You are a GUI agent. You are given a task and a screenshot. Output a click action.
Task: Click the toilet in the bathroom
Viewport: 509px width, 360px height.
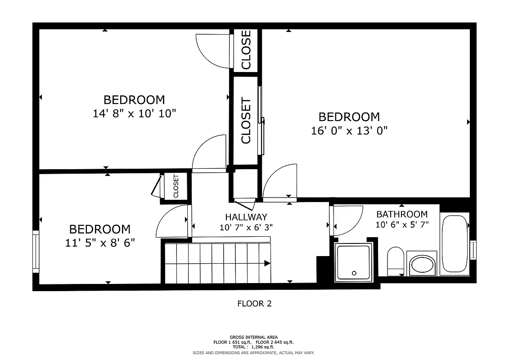tap(396, 261)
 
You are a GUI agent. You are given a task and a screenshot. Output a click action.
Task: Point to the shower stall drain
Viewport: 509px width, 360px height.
tap(354, 273)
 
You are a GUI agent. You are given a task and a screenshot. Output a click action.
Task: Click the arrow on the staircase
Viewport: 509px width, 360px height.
tap(267, 263)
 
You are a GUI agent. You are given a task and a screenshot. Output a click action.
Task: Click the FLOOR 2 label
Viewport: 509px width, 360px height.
tap(254, 304)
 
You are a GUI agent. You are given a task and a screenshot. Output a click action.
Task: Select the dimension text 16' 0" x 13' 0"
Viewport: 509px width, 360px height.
tap(349, 131)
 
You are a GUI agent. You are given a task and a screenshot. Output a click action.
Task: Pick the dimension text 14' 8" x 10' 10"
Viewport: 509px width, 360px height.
tap(134, 113)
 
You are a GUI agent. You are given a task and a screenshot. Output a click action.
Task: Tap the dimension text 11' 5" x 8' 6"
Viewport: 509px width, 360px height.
tap(100, 243)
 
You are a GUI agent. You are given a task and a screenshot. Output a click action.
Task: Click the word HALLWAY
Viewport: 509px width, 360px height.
tap(246, 217)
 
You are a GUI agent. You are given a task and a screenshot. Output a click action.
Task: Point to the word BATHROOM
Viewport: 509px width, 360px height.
tap(402, 214)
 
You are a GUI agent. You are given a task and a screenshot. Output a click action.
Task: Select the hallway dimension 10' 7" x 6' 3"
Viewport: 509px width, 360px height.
tap(246, 227)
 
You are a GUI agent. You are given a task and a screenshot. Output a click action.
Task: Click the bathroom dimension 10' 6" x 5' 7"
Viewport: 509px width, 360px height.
tap(402, 224)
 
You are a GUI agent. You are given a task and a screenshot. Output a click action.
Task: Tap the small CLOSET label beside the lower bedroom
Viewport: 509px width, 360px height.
tap(176, 186)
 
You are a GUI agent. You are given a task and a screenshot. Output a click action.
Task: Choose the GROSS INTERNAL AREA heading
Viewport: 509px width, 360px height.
tap(254, 337)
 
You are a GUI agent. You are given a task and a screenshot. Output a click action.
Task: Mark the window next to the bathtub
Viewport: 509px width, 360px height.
tap(473, 250)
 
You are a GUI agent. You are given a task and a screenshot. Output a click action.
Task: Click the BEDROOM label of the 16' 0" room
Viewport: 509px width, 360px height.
tap(349, 117)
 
